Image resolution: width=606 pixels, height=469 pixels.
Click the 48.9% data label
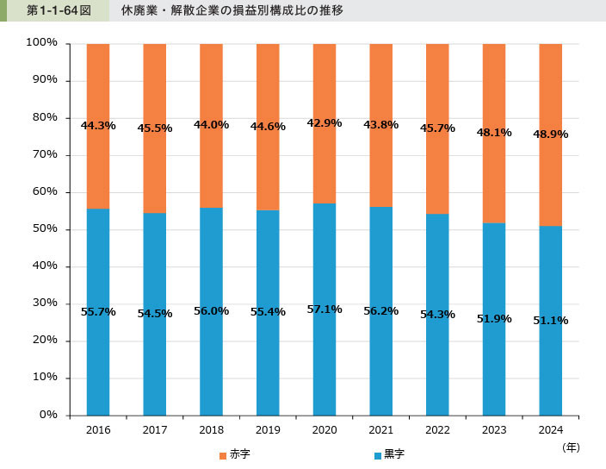pyautogui.click(x=550, y=134)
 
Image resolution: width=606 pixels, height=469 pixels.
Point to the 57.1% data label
pyautogui.click(x=325, y=309)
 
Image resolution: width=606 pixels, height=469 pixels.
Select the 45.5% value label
pyautogui.click(x=155, y=128)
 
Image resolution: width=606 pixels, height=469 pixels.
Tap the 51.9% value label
pyautogui.click(x=494, y=318)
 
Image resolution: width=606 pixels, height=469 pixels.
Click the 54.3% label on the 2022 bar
pyautogui.click(x=437, y=314)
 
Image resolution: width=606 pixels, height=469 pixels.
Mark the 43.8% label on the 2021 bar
pyautogui.click(x=380, y=124)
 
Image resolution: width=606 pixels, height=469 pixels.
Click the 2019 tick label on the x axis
pyautogui.click(x=268, y=429)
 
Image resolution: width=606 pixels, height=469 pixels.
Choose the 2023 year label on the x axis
pyautogui.click(x=494, y=429)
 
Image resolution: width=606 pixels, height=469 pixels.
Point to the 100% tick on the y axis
pyautogui.click(x=41, y=42)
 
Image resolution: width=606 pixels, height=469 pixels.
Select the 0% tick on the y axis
pyautogui.click(x=47, y=415)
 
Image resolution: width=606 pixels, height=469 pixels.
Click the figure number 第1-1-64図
pyautogui.click(x=53, y=11)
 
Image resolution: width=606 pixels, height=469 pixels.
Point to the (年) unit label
pyautogui.click(x=571, y=447)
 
